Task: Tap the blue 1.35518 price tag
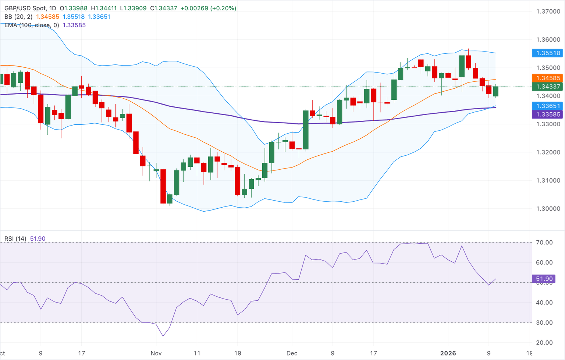tap(548, 53)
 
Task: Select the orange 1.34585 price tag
tap(548, 78)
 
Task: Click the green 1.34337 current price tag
tap(548, 87)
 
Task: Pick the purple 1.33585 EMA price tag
tap(548, 114)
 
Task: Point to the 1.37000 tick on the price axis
tap(548, 11)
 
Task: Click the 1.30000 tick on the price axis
tap(548, 208)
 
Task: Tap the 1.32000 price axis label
tap(548, 152)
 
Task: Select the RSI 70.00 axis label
tap(544, 242)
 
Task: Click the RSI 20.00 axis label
tap(544, 342)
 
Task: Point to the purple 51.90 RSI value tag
tap(544, 279)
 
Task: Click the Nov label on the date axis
tap(156, 353)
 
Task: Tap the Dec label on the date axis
tap(292, 353)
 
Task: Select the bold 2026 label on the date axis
tap(448, 353)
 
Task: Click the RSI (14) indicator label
tap(15, 239)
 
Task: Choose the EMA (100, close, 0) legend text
tap(32, 25)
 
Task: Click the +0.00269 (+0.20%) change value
tap(208, 8)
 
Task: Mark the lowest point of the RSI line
tap(163, 336)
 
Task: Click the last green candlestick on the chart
tap(495, 91)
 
